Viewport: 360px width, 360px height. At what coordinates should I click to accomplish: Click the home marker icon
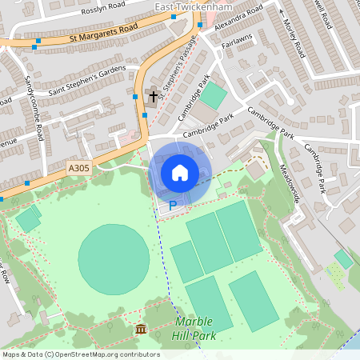(180, 172)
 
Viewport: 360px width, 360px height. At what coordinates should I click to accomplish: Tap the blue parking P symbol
(172, 206)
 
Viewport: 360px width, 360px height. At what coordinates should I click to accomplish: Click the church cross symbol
(150, 98)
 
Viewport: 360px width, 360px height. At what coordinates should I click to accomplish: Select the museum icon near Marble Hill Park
(141, 330)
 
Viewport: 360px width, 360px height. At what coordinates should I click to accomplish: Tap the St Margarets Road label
(103, 37)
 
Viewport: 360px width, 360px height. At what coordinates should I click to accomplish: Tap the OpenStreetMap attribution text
(81, 354)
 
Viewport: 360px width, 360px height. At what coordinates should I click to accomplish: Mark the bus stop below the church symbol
(146, 114)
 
